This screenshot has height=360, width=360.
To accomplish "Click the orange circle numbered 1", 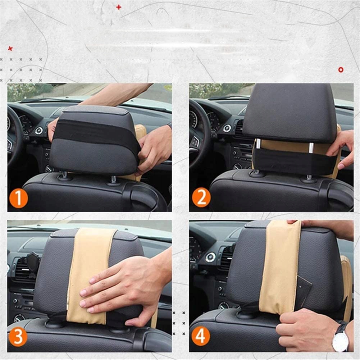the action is (18, 198).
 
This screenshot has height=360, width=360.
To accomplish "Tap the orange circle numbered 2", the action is (201, 197).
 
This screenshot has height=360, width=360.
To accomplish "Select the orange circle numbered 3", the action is (18, 337).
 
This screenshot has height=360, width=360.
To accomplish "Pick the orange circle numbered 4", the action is (201, 336).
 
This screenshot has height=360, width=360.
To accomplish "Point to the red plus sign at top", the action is (119, 7).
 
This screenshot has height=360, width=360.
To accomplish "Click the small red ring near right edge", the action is (341, 69).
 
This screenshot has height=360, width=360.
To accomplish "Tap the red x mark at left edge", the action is (10, 49).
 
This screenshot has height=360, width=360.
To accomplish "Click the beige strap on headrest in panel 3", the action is (91, 275).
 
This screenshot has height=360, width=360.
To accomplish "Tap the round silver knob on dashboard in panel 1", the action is (39, 131).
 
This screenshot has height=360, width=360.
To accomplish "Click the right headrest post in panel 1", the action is (114, 179).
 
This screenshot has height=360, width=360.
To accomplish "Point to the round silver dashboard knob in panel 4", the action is (210, 258).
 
